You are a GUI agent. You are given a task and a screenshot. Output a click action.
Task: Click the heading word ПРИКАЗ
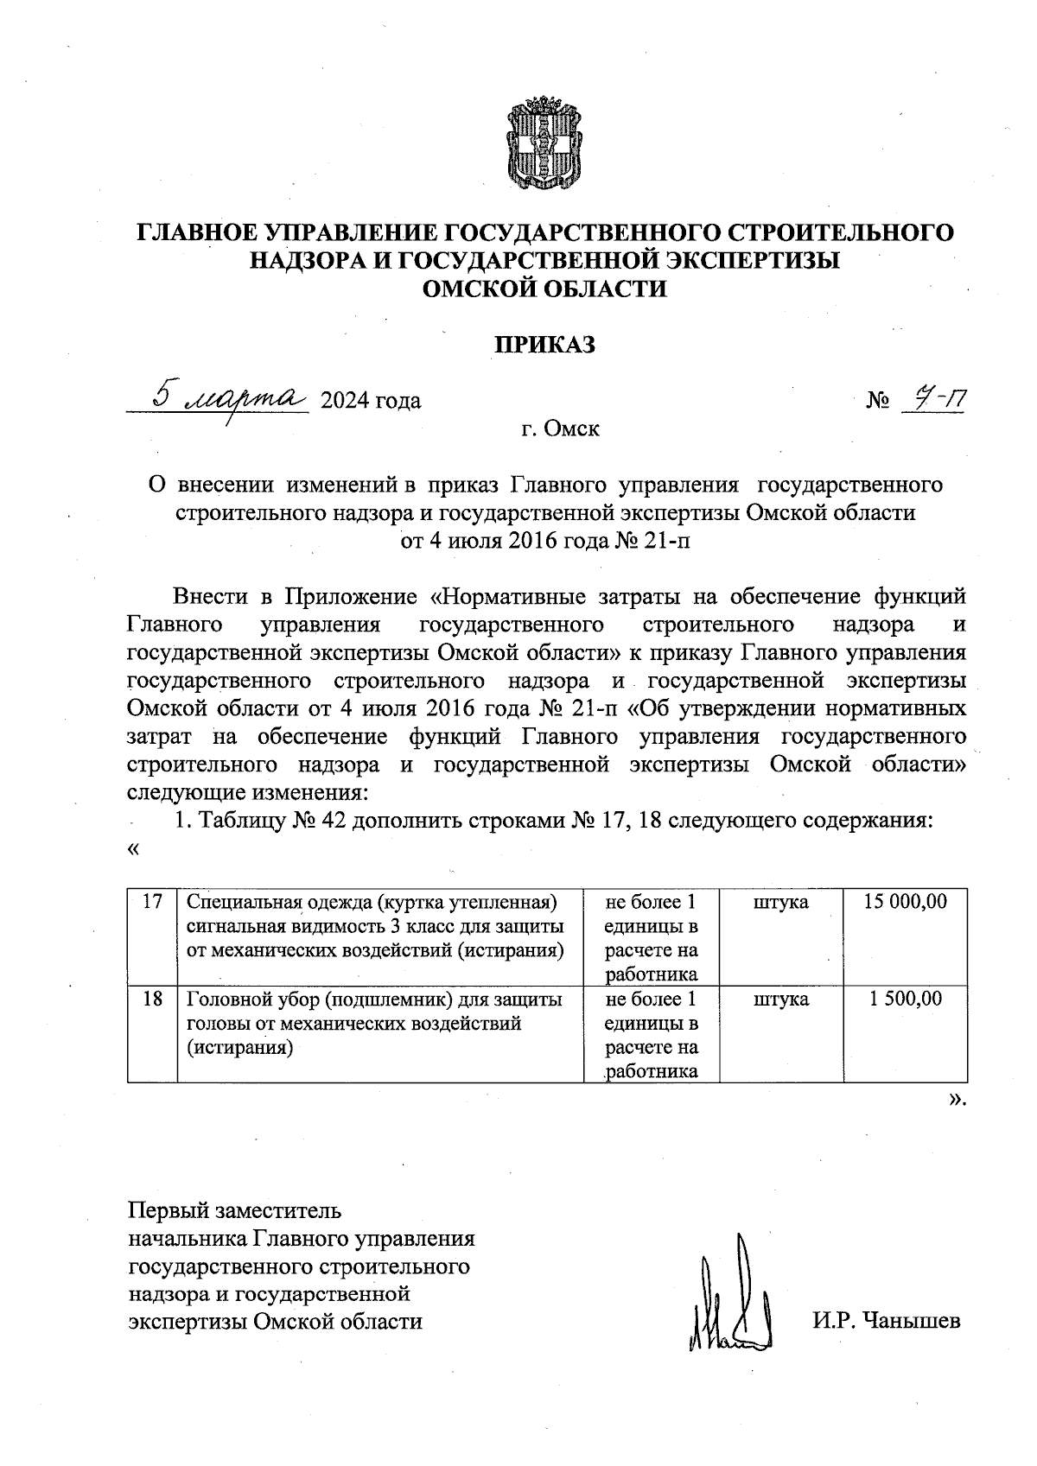[x=544, y=345]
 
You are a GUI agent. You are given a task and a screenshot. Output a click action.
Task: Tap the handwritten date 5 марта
[x=226, y=397]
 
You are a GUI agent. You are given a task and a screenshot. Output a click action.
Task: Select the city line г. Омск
[x=560, y=428]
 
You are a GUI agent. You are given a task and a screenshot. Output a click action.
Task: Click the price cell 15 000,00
[x=905, y=902]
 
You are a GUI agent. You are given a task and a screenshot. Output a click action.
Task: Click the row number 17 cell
[x=152, y=902]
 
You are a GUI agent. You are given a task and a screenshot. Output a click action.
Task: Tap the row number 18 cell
[x=152, y=1000]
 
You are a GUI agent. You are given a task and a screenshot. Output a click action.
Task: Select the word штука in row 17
[x=780, y=902]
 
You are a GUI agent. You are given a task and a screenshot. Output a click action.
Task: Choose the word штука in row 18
[x=780, y=1000]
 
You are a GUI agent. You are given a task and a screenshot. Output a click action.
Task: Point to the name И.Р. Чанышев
[x=886, y=1321]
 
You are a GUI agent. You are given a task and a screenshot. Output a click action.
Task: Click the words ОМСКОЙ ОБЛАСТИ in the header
[x=544, y=289]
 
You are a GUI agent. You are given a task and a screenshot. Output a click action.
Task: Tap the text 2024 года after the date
[x=371, y=401]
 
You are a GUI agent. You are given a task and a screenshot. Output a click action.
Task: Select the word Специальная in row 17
[x=236, y=902]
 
